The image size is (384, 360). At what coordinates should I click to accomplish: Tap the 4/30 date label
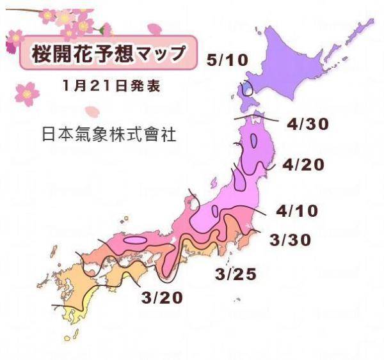pos(308,125)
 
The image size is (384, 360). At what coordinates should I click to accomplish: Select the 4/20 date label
pos(303,165)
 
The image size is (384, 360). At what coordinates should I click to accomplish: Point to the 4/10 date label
pos(297,210)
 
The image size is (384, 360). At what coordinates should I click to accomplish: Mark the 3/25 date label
pos(236,275)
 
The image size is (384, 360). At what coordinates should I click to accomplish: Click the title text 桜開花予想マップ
pos(107,54)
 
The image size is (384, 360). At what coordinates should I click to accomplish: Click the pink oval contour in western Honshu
pos(134,240)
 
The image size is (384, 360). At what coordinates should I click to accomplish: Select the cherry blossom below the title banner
pos(27,93)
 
